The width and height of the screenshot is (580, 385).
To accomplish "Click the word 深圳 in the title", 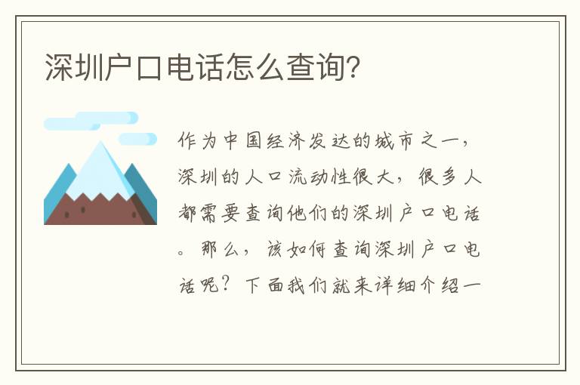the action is point(73,67).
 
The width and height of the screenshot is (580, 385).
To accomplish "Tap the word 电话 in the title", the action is point(195,67).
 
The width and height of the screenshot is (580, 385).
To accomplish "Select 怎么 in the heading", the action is point(255,67).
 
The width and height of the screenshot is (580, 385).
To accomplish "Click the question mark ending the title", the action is point(353,67).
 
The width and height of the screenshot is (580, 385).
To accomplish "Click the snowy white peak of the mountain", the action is point(100,170).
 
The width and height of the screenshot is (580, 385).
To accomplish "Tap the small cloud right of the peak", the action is point(137,139).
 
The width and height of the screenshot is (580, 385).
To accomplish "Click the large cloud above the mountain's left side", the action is point(91,121).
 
